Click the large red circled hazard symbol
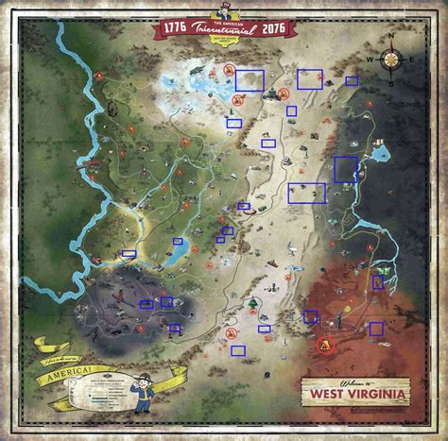[x=326, y=345]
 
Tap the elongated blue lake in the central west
[x=176, y=253]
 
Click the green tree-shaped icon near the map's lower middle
[x=252, y=304]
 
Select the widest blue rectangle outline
[x=306, y=193]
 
